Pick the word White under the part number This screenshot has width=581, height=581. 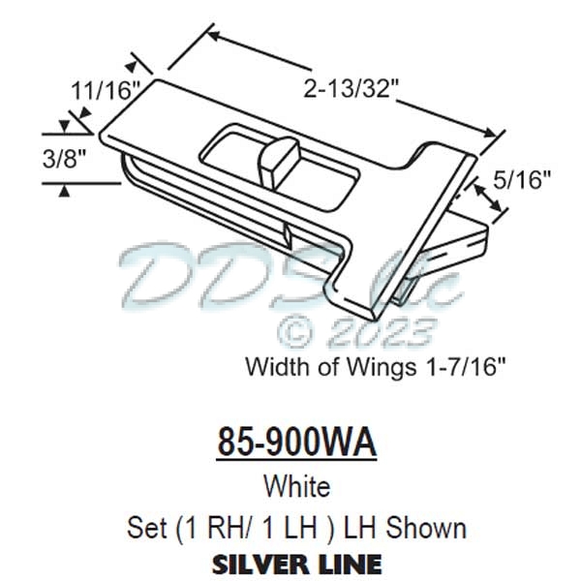pyautogui.click(x=295, y=486)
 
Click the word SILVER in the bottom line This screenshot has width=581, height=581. pyautogui.click(x=258, y=563)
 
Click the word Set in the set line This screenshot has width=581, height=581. pyautogui.click(x=146, y=528)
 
